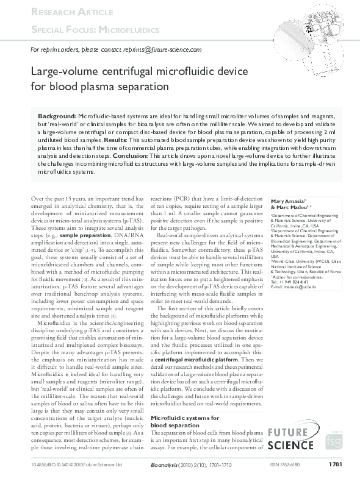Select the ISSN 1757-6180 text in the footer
[284, 465]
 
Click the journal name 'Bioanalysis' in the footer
[163, 465]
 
